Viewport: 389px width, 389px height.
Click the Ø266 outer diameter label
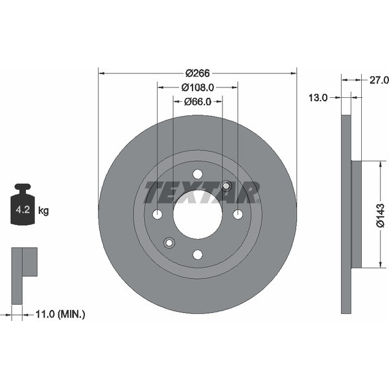coord(198,73)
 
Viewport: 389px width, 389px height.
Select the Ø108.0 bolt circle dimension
coord(198,88)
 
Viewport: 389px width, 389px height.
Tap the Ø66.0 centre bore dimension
coord(198,102)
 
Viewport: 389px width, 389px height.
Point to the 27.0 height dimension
coord(379,80)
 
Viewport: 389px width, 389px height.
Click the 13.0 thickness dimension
coord(318,98)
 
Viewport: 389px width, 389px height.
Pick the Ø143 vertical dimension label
coord(380,215)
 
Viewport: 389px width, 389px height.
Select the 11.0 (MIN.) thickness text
coord(60,314)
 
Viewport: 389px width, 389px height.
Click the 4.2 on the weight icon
coord(23,210)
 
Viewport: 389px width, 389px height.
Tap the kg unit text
coord(43,211)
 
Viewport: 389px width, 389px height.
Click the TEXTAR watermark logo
coord(202,193)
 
